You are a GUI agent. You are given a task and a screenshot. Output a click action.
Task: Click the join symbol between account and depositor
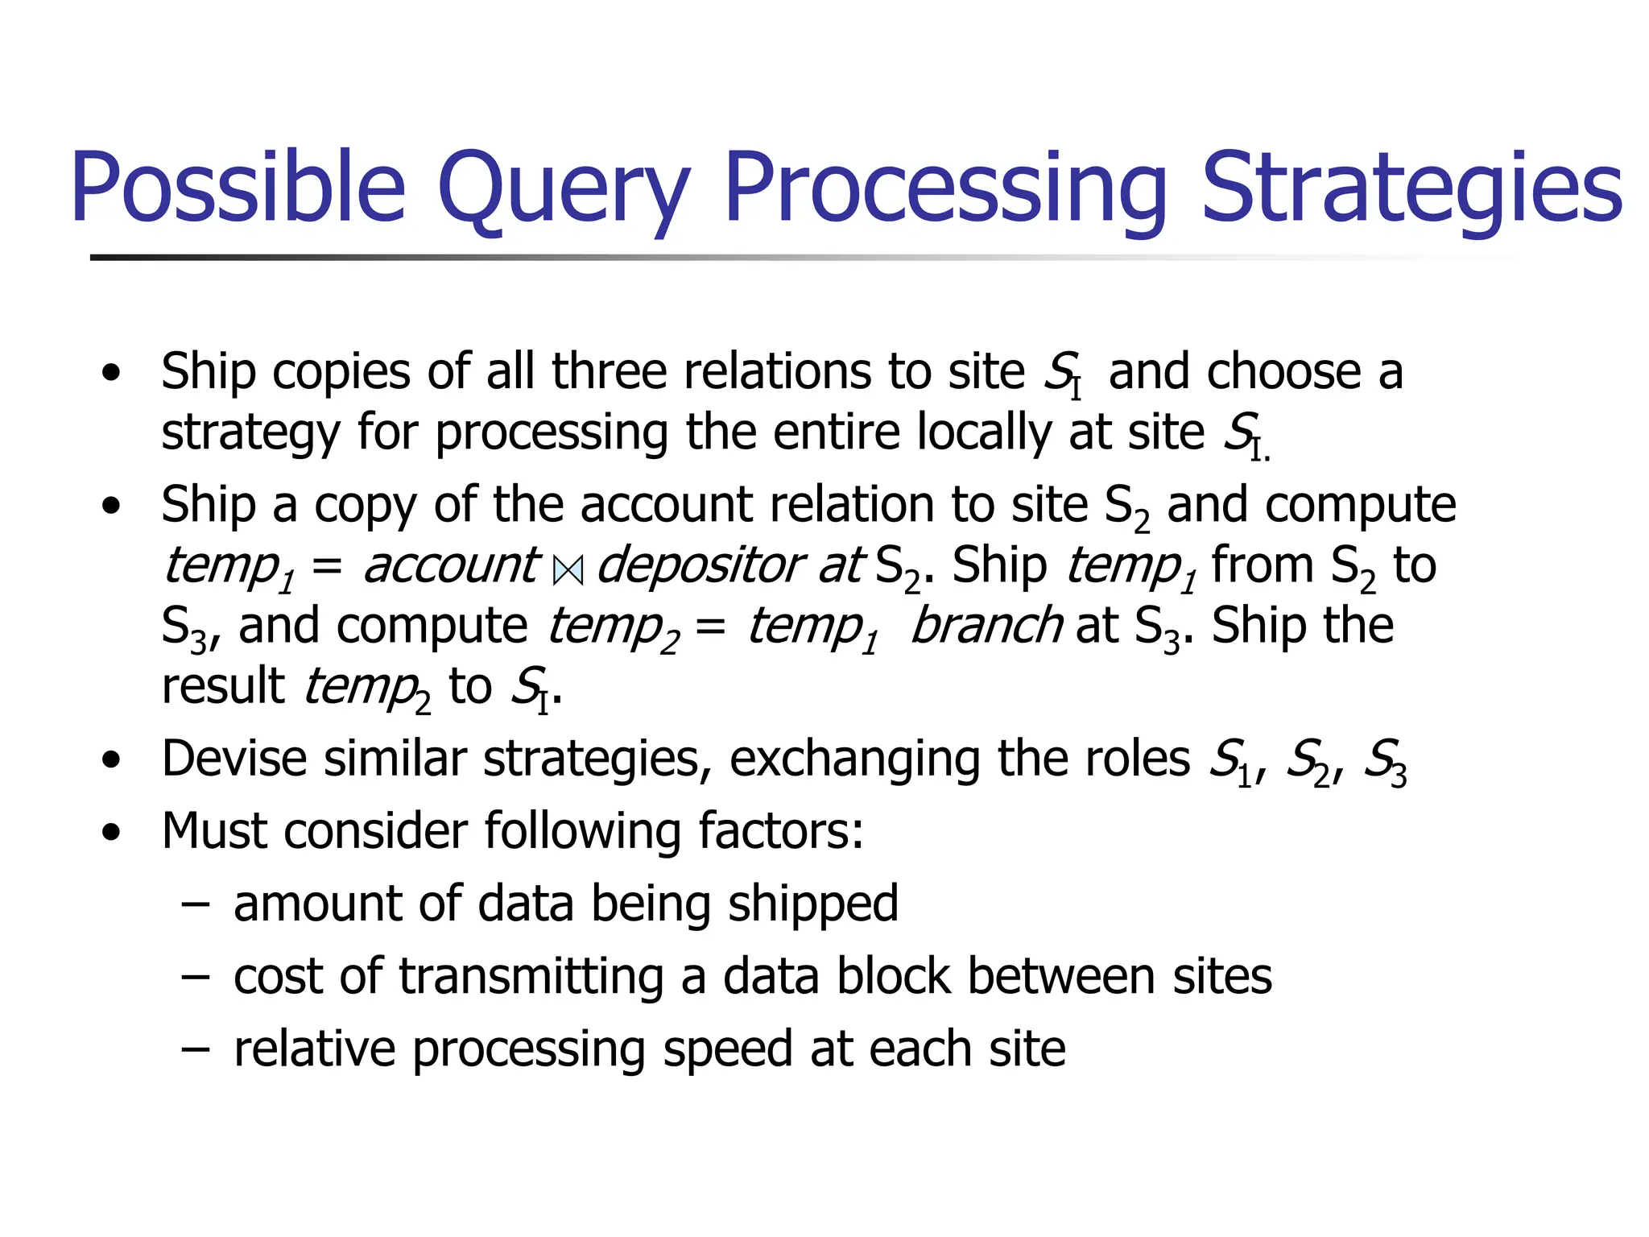(x=568, y=570)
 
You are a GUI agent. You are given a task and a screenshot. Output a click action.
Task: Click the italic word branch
(x=986, y=626)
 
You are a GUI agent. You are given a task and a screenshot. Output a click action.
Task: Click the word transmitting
(x=531, y=976)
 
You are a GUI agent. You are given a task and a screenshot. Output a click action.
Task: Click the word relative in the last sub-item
(x=314, y=1049)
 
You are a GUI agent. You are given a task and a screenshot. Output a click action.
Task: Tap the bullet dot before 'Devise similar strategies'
(x=111, y=760)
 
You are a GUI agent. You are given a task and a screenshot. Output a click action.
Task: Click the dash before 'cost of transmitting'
(x=195, y=977)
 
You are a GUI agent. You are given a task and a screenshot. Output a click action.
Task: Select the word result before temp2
(x=223, y=686)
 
